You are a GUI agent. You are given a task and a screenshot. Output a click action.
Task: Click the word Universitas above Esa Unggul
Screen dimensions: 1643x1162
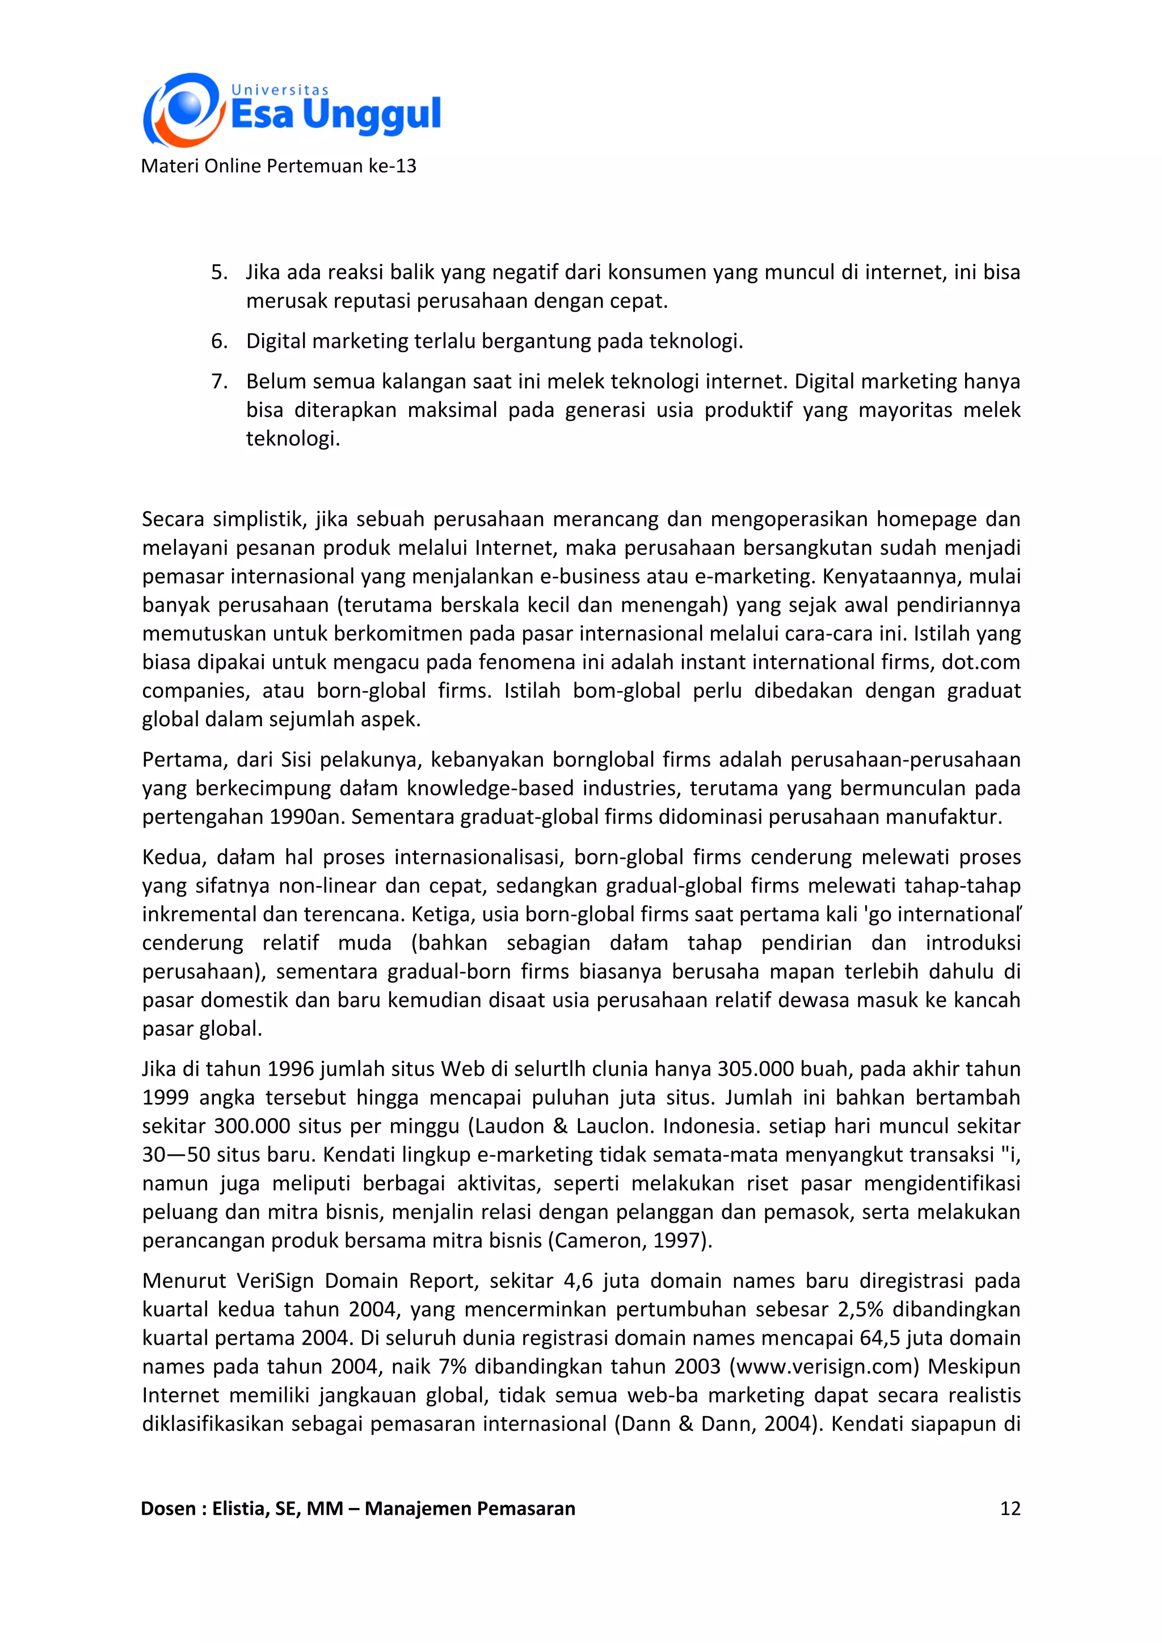[x=280, y=90]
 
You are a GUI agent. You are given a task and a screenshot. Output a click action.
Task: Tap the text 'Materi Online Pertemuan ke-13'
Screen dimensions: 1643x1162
[x=279, y=166]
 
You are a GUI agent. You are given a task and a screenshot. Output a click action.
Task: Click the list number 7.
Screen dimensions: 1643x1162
[x=219, y=381]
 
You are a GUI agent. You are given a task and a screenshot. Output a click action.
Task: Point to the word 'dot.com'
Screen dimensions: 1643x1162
[x=980, y=662]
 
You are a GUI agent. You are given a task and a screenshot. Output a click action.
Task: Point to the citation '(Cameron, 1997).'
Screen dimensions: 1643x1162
[x=630, y=1241]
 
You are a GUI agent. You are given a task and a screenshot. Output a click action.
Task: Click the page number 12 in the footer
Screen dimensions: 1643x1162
[x=1009, y=1509]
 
